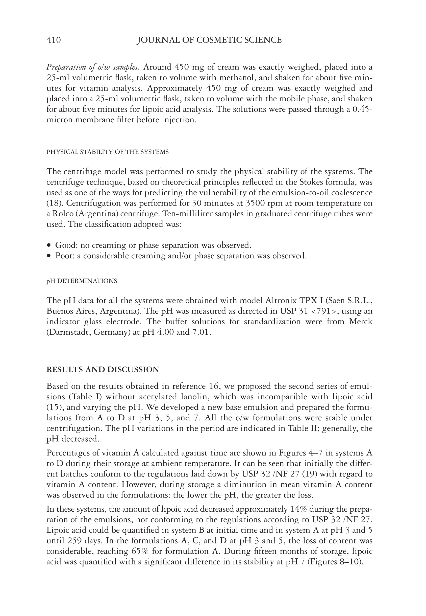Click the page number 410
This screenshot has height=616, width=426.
pos(54,40)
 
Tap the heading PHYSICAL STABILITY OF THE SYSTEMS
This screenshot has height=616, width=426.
pos(108,152)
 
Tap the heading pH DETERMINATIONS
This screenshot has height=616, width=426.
pos(82,281)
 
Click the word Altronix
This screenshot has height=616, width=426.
pos(281,301)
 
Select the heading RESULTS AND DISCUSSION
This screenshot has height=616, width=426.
pos(103,370)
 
